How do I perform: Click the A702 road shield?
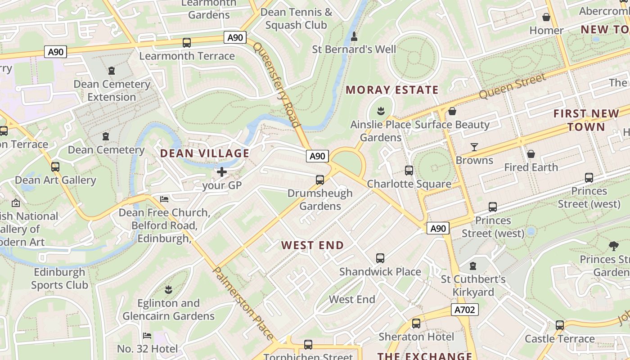464,310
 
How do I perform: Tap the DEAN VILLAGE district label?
205,153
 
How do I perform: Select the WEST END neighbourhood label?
312,245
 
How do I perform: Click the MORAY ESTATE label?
392,90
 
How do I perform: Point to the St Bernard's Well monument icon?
354,36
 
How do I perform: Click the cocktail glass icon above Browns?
474,147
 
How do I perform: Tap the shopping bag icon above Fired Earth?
531,154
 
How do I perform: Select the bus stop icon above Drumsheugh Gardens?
320,180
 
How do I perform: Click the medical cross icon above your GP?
222,171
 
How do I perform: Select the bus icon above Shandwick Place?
380,258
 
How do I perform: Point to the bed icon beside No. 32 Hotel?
147,335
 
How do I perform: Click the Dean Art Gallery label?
56,180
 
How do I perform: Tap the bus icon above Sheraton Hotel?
416,323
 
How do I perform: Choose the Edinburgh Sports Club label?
59,278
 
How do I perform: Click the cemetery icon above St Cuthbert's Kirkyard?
472,265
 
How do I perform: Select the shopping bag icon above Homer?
546,17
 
